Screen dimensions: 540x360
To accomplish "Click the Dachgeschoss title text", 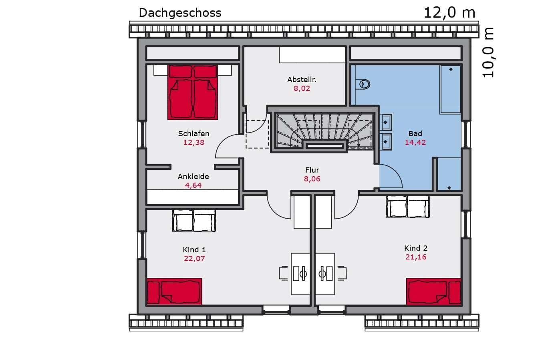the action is click(180, 13).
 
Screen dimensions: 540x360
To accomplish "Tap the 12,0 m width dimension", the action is click(449, 13).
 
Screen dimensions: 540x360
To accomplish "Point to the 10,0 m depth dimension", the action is click(488, 52).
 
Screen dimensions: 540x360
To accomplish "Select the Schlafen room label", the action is click(193, 133).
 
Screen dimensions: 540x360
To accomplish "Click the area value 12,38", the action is click(193, 143).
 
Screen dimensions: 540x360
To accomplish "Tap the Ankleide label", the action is click(193, 176).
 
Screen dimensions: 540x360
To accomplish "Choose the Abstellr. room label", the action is click(302, 80).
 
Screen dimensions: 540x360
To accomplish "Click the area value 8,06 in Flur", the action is click(312, 179).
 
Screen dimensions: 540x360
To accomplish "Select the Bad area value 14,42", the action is click(415, 143).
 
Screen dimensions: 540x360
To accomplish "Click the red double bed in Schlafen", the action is click(193, 92).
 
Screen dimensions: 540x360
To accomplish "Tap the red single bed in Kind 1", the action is click(174, 292).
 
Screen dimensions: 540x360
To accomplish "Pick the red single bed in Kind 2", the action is click(433, 292).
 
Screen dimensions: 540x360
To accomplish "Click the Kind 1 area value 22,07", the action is click(194, 259).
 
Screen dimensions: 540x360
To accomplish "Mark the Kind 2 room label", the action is click(415, 248).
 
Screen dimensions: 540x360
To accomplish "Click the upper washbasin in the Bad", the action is click(386, 123).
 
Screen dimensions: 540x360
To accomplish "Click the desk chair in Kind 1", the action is click(284, 273).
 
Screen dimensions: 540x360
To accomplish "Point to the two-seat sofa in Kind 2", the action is click(408, 207).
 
